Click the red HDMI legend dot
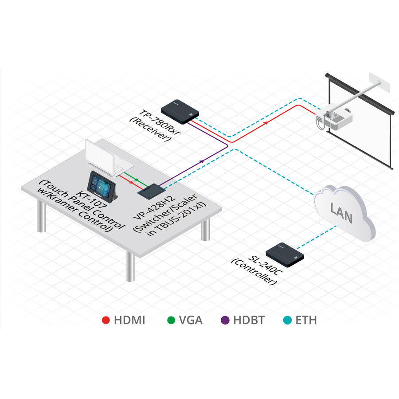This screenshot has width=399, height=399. (x=106, y=319)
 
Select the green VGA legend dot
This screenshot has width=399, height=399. (x=171, y=319)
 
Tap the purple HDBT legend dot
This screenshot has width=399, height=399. (x=225, y=319)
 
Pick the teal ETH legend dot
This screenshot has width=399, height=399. (x=286, y=319)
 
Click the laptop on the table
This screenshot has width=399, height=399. (x=106, y=158)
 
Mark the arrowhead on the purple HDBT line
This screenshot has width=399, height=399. (x=202, y=161)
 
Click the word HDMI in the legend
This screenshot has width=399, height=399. (x=129, y=320)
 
